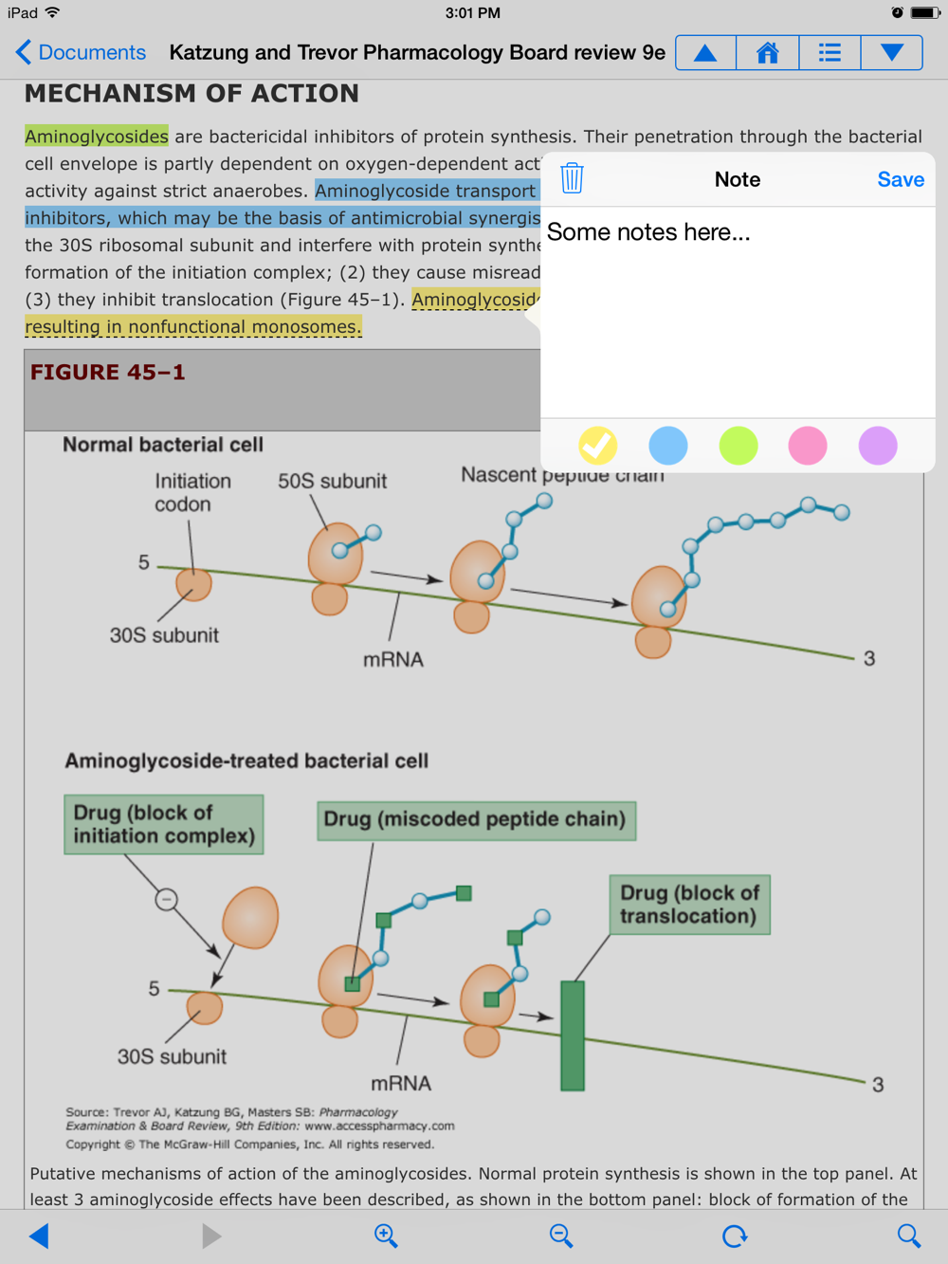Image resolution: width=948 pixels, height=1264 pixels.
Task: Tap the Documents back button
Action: (82, 53)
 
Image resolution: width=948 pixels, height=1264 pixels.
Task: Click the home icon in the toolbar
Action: (767, 53)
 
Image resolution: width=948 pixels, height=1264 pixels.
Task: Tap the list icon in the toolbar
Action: (829, 53)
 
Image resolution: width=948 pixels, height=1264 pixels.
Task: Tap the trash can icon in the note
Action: (572, 178)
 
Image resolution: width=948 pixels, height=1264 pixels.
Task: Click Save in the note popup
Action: (900, 179)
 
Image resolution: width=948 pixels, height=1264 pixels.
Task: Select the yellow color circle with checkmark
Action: (598, 445)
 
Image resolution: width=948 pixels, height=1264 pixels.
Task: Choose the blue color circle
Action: (668, 445)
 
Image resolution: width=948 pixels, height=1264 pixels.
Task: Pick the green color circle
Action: (738, 445)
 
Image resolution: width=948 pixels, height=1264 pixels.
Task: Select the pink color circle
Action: (808, 445)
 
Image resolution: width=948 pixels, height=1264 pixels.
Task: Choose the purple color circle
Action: (878, 445)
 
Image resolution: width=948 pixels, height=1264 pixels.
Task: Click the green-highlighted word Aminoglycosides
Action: (97, 137)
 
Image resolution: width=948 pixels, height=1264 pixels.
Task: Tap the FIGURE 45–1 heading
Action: (108, 373)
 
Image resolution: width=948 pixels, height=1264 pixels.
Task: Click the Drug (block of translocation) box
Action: (689, 905)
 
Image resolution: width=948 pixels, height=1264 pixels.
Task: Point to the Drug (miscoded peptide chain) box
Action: (475, 819)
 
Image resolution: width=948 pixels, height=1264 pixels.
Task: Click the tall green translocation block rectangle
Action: (573, 1035)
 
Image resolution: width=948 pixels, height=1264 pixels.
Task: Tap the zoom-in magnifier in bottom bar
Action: (386, 1236)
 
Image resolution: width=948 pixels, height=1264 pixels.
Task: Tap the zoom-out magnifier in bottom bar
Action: (561, 1236)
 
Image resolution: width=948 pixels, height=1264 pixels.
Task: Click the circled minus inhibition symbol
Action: (167, 899)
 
